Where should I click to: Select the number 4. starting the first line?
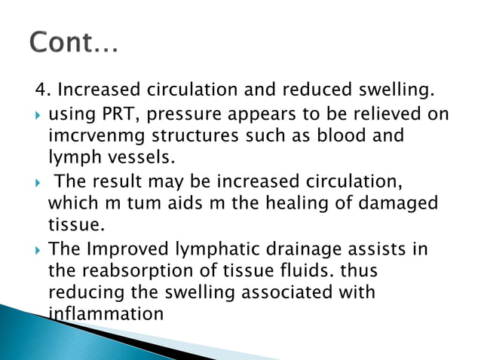click(x=42, y=93)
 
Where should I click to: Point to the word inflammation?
click(x=105, y=310)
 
